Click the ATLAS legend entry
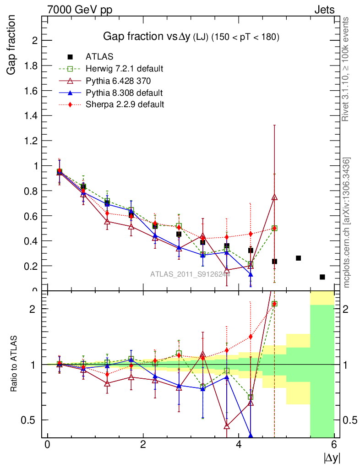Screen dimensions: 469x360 (x=100, y=57)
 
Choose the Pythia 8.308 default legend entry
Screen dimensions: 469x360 (x=124, y=93)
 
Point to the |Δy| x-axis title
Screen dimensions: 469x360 (x=332, y=457)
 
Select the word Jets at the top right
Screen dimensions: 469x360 (x=324, y=10)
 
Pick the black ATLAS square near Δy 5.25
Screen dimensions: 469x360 (x=298, y=258)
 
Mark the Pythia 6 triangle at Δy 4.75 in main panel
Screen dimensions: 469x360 (x=274, y=197)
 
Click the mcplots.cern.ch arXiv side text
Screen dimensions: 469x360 (x=347, y=223)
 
